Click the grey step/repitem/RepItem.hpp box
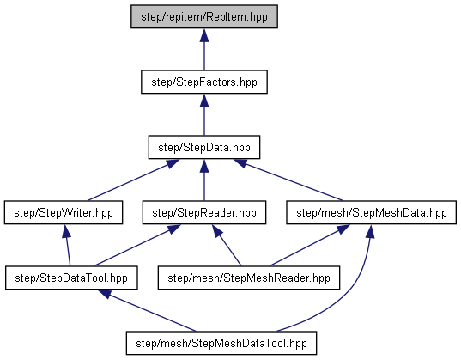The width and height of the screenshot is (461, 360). (204, 16)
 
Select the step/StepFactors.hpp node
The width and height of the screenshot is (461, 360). (204, 82)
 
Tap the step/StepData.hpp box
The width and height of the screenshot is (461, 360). (204, 147)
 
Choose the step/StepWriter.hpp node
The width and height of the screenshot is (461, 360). (64, 212)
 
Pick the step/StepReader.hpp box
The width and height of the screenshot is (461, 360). (204, 212)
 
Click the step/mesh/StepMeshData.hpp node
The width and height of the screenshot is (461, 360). (372, 212)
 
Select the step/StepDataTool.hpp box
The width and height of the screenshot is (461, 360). (71, 278)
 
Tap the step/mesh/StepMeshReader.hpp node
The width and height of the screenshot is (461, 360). (249, 278)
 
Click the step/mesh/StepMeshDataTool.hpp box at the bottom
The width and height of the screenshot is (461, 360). (221, 343)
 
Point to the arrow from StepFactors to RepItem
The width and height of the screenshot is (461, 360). (204, 50)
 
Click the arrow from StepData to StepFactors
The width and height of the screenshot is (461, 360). (204, 115)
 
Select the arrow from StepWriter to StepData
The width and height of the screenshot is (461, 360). (133, 180)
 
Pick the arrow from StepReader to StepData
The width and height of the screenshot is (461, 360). (204, 180)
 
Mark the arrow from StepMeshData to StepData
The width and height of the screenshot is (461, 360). (288, 180)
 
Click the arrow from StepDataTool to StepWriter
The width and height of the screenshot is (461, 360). (68, 246)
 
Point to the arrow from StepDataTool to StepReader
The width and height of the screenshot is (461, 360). (137, 246)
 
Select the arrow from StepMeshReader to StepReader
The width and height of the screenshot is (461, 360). (227, 246)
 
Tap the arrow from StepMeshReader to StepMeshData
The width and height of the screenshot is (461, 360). (310, 246)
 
